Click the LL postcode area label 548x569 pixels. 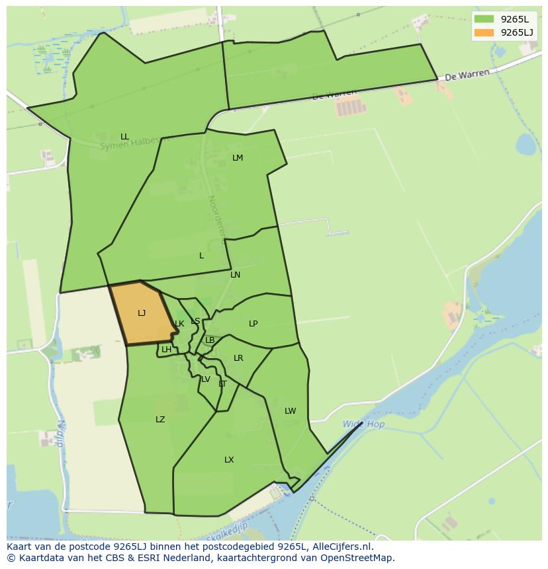pos(124,137)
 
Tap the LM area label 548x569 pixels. pos(238,158)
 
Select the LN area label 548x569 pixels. pos(235,275)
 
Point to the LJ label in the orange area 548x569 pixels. pos(142,313)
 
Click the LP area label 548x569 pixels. pos(253,324)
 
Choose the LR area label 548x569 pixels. pos(238,358)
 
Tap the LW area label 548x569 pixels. pos(290,411)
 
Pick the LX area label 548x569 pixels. pos(229,460)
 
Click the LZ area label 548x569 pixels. pos(160,420)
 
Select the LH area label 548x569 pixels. pos(166,350)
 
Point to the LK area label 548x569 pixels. pos(179,324)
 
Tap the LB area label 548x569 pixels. pos(210,340)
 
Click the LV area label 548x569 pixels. pos(206,379)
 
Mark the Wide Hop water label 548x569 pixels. pos(363,424)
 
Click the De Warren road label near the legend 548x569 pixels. pos(467,75)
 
